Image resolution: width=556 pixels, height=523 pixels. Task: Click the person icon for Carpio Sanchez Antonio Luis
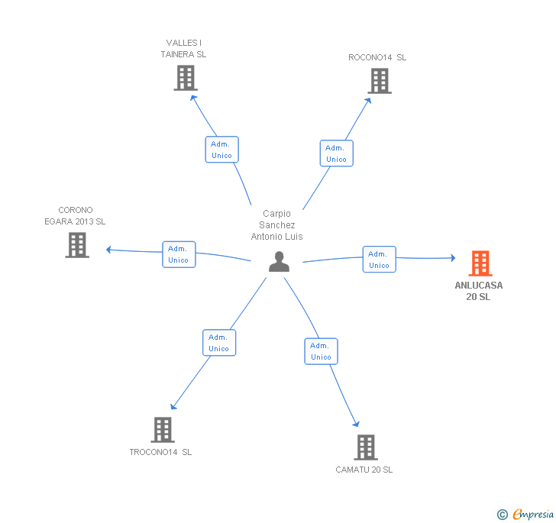(x=280, y=262)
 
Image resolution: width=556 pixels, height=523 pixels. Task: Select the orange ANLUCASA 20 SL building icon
(x=480, y=263)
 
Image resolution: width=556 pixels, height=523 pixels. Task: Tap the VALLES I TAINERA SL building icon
(x=185, y=78)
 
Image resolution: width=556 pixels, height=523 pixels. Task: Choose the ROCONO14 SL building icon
(x=379, y=81)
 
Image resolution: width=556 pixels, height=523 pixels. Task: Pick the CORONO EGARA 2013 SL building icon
(x=77, y=245)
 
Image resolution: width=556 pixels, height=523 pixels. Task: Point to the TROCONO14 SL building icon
(x=162, y=430)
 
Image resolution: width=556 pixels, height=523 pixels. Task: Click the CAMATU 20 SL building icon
(x=366, y=447)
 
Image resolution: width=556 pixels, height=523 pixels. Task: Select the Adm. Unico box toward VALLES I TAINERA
(x=221, y=150)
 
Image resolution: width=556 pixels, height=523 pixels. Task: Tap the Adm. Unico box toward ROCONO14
(x=336, y=153)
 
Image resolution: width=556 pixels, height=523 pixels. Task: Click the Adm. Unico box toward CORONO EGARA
(x=179, y=254)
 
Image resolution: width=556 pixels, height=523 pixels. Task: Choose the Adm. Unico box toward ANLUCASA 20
(x=379, y=260)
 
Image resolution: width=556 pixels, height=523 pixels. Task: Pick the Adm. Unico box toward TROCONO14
(x=219, y=343)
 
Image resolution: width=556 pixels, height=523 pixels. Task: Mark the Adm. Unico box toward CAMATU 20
(x=321, y=351)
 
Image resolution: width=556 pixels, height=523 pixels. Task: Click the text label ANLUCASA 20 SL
(x=479, y=291)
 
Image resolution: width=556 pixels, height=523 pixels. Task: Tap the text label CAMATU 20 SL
(x=364, y=470)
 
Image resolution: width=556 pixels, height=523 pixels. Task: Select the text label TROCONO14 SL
(x=160, y=452)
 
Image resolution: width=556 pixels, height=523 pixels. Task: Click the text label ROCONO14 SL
(x=377, y=57)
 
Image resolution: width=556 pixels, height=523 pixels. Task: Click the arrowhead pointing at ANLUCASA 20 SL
(x=451, y=259)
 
